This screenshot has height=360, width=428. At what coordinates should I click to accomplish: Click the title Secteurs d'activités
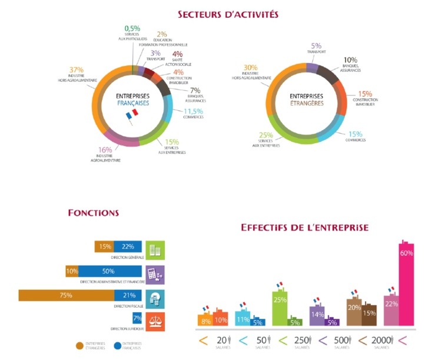tap(227, 14)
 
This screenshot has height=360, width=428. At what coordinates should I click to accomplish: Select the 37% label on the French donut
tap(76, 70)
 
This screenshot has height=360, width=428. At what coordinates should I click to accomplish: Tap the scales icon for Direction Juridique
tap(155, 321)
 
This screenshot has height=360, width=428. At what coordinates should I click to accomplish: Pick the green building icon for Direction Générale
tap(155, 250)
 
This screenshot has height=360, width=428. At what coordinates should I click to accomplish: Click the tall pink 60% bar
tap(406, 283)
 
